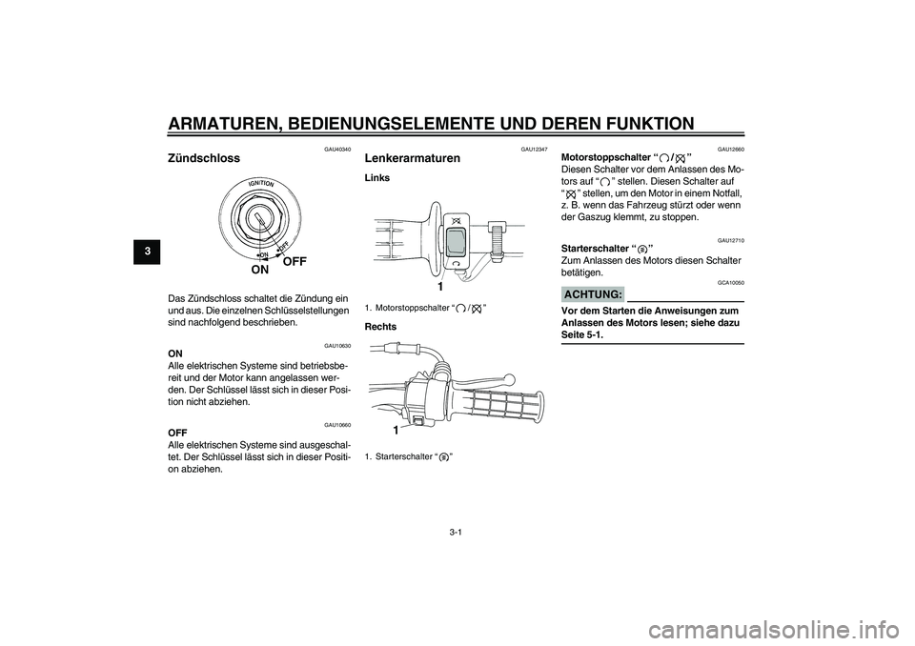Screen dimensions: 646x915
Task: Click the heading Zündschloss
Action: (204, 158)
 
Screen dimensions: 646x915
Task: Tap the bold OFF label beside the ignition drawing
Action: (296, 259)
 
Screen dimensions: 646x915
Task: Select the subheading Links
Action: (377, 178)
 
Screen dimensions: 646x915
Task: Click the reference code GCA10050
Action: (730, 284)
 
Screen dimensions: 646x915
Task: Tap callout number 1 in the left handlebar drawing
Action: (441, 286)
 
